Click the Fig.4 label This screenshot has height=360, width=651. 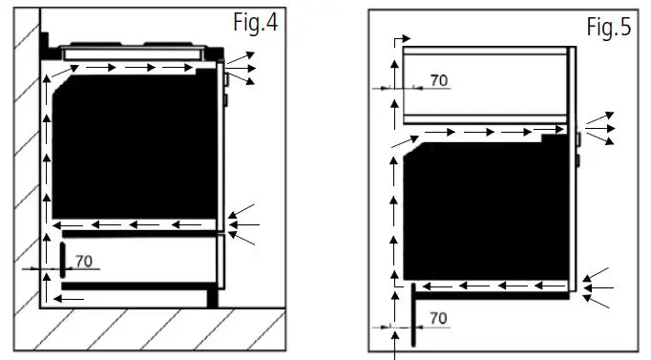(x=253, y=23)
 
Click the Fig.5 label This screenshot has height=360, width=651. (x=608, y=28)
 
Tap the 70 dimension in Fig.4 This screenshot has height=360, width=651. (x=83, y=261)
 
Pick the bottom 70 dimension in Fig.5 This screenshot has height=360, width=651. (x=438, y=317)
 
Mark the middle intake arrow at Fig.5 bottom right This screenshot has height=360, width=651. (x=599, y=286)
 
